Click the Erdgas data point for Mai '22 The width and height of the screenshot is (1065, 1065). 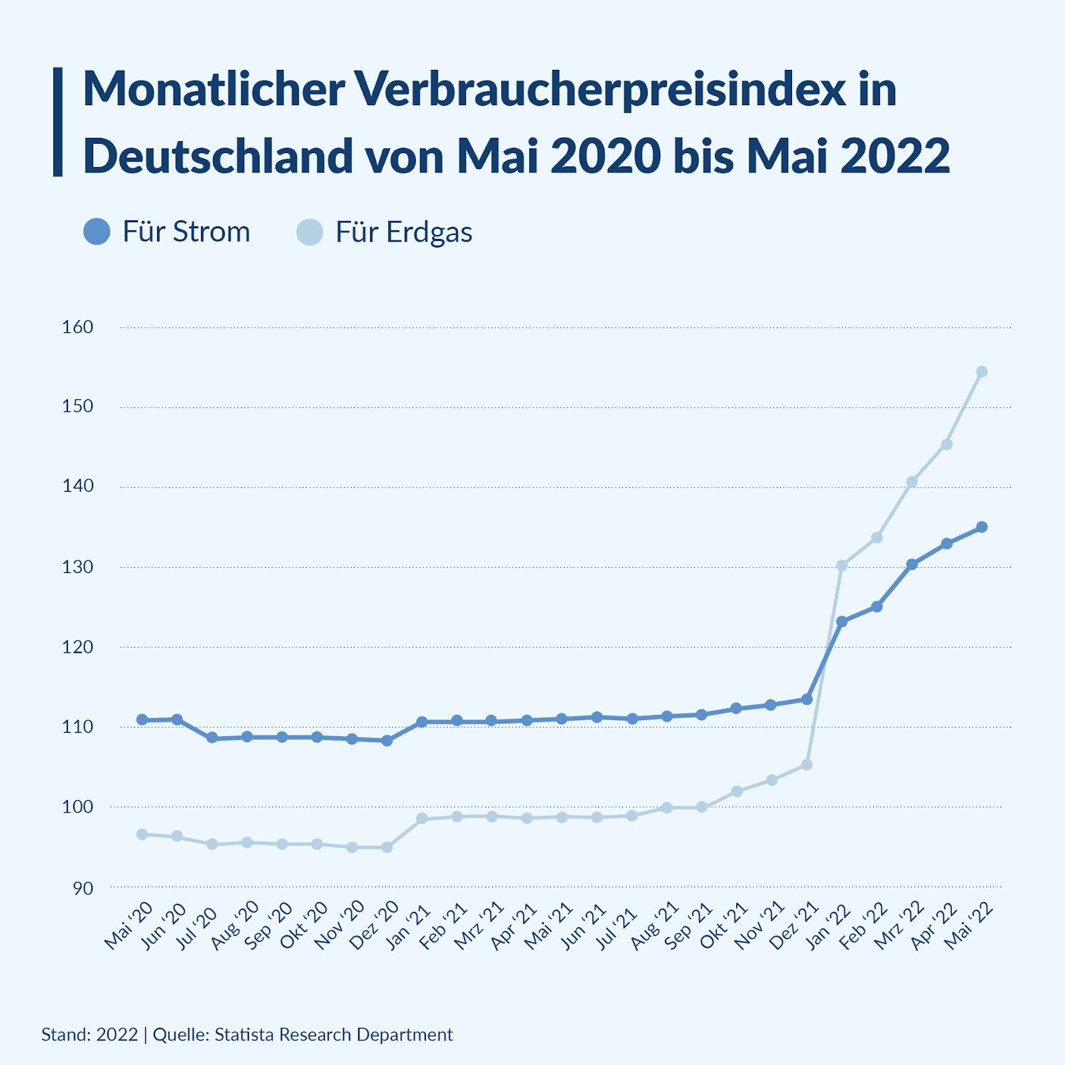(981, 371)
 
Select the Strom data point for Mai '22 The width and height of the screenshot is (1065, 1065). (981, 527)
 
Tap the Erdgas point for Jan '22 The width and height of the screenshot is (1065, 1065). (841, 566)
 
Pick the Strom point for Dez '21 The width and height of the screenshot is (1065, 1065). (807, 700)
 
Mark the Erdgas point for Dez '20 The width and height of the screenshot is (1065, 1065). (387, 847)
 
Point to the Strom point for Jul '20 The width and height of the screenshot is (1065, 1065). (212, 738)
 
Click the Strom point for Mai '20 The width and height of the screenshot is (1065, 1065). (142, 720)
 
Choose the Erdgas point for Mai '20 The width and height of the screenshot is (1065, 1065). (142, 834)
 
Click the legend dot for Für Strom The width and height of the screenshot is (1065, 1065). (97, 232)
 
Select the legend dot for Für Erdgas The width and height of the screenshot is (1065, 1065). (310, 232)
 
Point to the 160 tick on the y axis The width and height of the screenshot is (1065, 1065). (78, 327)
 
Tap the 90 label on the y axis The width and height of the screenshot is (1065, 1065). (83, 888)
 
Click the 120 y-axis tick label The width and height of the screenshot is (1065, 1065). (78, 646)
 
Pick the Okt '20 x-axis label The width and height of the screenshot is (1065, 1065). (304, 927)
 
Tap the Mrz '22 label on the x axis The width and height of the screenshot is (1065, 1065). (899, 927)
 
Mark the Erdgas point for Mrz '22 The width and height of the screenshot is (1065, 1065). (912, 482)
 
